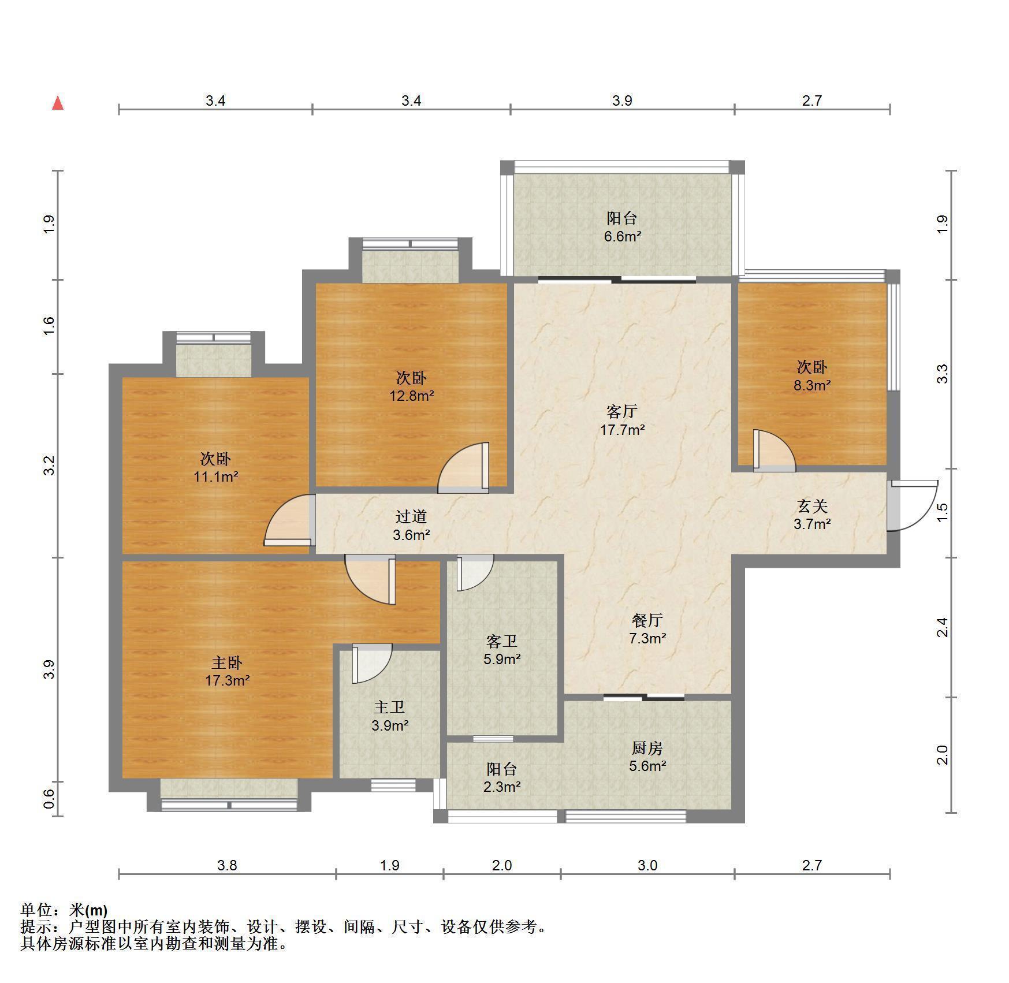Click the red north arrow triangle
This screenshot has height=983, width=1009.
point(58,103)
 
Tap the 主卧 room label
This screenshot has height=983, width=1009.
point(226,662)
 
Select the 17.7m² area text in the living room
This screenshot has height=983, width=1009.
point(622,430)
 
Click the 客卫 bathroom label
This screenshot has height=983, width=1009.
point(501,641)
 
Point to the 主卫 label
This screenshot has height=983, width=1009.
point(389,707)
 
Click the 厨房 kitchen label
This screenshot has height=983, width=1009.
point(647,748)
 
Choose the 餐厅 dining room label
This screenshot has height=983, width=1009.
point(647,620)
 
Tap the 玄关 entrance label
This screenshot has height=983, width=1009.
point(812,506)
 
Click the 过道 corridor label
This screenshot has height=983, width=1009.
point(411,516)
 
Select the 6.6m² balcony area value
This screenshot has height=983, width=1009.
point(622,236)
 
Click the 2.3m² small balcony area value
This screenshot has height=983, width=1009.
point(502,787)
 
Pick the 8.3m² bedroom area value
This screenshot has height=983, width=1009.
point(812,385)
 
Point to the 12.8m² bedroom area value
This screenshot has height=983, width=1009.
point(411,396)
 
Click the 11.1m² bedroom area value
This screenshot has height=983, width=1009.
point(216,477)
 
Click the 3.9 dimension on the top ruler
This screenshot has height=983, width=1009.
point(622,100)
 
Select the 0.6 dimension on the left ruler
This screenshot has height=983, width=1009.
point(50,799)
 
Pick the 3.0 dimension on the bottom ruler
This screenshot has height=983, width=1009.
point(647,865)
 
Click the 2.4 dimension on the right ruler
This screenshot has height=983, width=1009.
point(942,627)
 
